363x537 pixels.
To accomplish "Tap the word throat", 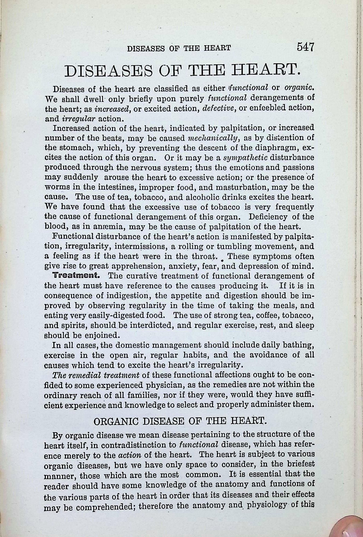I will [x=204, y=256].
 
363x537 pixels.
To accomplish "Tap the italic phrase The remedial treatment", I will [x=96, y=375].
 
